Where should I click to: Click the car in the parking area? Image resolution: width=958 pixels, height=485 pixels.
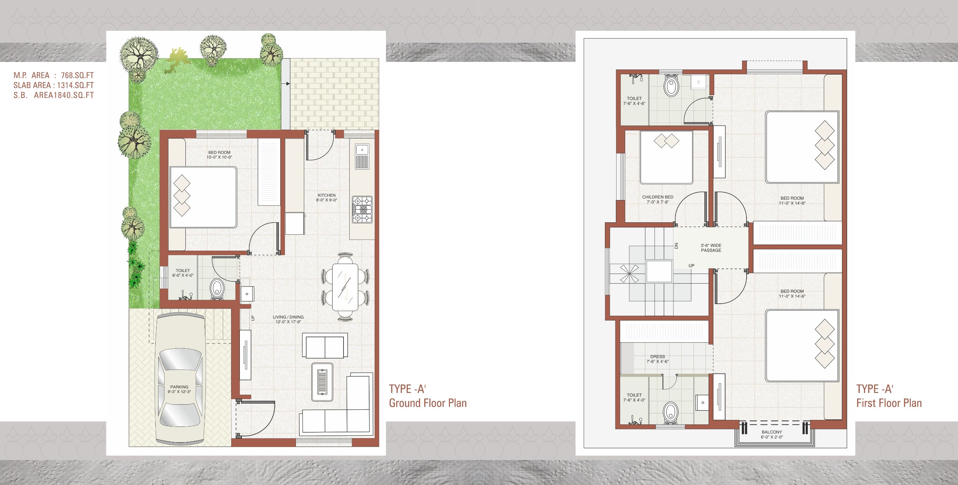[x=181, y=379]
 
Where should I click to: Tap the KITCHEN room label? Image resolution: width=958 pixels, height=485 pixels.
[x=326, y=195]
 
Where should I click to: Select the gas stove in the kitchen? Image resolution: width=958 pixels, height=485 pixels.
[x=362, y=210]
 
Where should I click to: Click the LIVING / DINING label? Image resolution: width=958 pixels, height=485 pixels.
[x=288, y=317]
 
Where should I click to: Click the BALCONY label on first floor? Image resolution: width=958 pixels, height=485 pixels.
[x=772, y=432]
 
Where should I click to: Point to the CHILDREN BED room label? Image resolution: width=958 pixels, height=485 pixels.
[x=658, y=197]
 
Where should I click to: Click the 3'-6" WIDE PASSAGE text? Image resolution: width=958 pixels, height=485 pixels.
[x=711, y=248]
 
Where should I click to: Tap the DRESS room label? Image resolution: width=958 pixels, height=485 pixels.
[x=658, y=356]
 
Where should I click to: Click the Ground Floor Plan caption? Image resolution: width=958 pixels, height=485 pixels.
[x=428, y=403]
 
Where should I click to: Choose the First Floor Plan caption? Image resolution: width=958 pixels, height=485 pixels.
[x=889, y=403]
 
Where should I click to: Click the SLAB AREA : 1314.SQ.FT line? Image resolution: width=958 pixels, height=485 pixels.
[x=54, y=85]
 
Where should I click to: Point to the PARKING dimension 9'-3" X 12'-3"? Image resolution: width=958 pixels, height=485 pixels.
[x=179, y=392]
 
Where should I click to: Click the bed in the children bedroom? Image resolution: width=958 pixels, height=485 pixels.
[x=666, y=157]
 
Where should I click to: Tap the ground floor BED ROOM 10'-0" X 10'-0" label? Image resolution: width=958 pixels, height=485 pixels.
[x=219, y=155]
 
